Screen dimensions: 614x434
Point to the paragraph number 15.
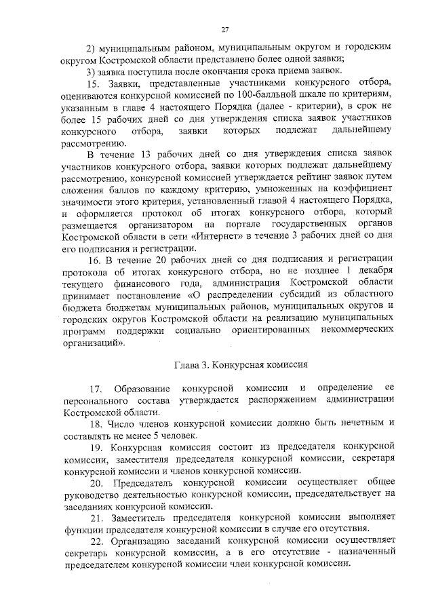94,83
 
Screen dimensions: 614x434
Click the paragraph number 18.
95,424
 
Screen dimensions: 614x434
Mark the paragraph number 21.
95,518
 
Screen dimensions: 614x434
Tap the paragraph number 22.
96,542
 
